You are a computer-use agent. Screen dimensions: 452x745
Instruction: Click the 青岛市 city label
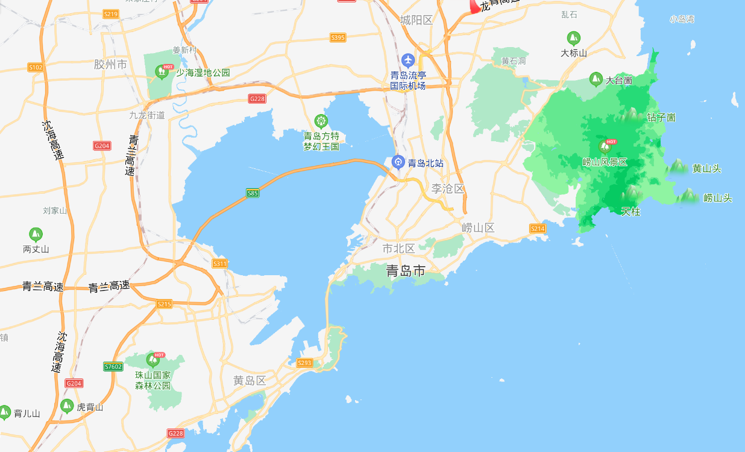pos(406,271)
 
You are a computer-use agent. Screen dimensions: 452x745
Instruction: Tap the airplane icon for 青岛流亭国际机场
pos(408,60)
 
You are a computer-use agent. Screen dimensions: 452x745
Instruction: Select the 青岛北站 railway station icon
pos(398,162)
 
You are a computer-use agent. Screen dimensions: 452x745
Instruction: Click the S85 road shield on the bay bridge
pos(253,193)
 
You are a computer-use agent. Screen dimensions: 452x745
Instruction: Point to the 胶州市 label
pos(111,64)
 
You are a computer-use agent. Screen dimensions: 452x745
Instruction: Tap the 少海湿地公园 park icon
pos(162,72)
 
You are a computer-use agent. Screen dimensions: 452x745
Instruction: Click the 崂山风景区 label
pos(605,162)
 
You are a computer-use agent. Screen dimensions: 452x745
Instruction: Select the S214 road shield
pos(538,228)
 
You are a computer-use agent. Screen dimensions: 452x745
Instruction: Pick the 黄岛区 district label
pos(250,381)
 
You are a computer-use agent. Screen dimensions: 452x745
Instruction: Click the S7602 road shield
pos(113,366)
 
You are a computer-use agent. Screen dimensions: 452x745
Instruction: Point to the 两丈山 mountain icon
pos(36,234)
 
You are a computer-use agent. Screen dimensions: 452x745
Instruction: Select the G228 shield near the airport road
pos(257,98)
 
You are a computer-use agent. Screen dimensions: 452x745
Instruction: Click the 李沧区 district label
pos(448,189)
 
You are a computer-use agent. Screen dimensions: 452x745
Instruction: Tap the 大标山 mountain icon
pos(573,37)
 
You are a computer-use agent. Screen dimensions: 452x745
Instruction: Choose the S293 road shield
pos(305,363)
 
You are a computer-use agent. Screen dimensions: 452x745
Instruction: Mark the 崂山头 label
pos(717,198)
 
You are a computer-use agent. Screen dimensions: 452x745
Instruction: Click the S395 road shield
pos(338,37)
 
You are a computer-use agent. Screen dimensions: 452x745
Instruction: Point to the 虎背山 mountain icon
pos(68,406)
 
